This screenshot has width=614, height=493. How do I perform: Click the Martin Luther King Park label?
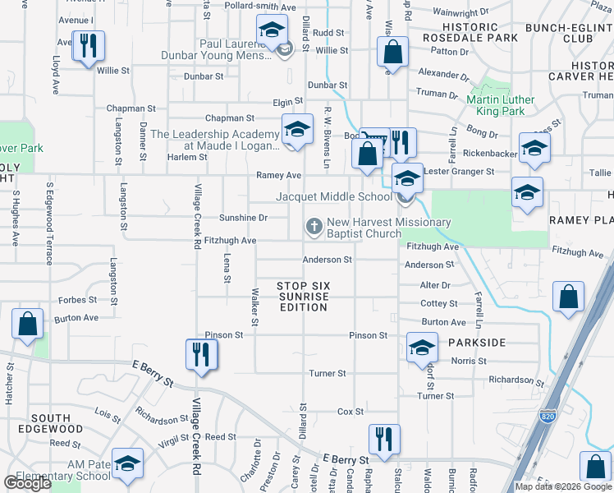click(500, 105)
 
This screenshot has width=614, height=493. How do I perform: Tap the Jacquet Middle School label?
click(334, 197)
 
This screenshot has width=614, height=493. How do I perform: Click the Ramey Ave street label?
click(279, 175)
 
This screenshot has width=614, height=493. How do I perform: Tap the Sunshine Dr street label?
click(243, 218)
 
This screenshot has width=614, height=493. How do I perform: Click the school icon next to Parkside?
click(422, 348)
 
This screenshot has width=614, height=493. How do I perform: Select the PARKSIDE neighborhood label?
click(476, 342)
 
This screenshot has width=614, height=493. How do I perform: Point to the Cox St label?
click(351, 412)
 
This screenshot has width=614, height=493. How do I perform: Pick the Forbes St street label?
click(78, 300)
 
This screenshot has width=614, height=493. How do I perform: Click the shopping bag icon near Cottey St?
click(568, 297)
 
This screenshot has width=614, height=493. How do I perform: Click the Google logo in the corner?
click(28, 483)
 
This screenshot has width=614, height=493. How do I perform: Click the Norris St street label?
click(468, 361)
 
